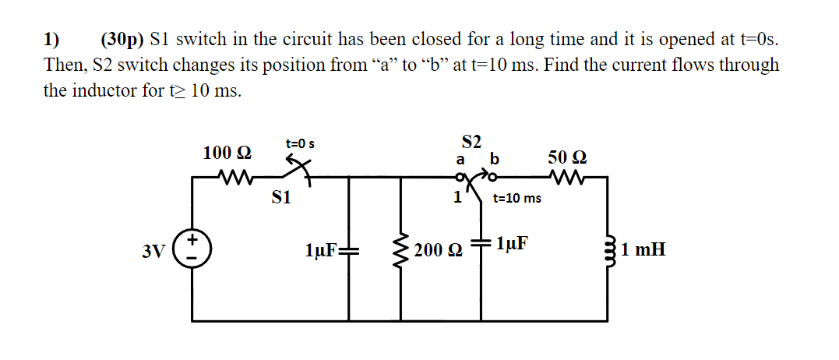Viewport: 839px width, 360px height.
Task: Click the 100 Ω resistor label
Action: (226, 154)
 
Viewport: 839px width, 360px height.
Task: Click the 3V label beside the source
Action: (153, 251)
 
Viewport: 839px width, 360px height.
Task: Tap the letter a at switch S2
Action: (460, 160)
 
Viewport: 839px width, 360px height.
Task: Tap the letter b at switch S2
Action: (492, 160)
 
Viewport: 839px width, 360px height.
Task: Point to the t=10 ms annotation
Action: (517, 198)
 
